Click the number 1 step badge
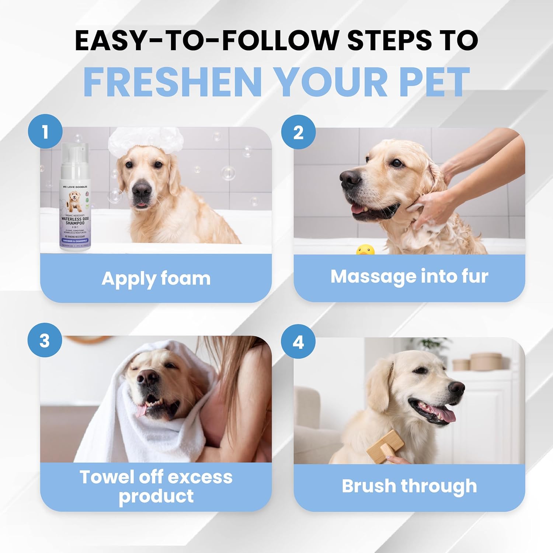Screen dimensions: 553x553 click(45, 132)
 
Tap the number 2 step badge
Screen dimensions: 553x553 click(298, 132)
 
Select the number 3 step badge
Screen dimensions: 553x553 click(45, 340)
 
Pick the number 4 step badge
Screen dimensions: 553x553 click(298, 342)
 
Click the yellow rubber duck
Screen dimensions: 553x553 click(365, 251)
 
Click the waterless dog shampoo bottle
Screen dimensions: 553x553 click(75, 206)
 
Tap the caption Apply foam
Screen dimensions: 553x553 click(156, 278)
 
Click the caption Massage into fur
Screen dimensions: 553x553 click(409, 276)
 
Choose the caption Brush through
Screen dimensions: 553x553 click(409, 486)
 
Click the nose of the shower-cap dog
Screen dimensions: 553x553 click(142, 189)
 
